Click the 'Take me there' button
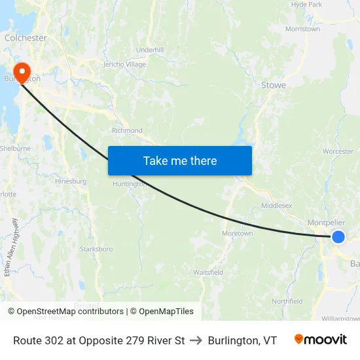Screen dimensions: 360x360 coord(180,160)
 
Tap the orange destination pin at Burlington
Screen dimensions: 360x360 coord(22,71)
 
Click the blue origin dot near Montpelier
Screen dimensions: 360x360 coord(338,237)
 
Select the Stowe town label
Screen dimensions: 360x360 coord(274,85)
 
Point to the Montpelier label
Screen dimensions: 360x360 coord(326,223)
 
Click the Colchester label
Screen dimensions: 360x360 coord(26,38)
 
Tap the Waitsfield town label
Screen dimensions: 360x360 coord(208,272)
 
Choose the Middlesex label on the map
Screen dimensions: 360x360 coord(276,206)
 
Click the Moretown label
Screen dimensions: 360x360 coord(237,234)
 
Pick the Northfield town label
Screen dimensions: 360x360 coord(287,302)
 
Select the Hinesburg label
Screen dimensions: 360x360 coord(71,181)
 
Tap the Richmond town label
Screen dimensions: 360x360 coord(127,130)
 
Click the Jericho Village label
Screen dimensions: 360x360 coord(124,65)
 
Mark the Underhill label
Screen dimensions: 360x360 coord(150,50)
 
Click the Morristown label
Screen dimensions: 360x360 coord(302,29)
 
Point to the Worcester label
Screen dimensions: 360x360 coord(338,152)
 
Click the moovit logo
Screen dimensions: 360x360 coord(321,340)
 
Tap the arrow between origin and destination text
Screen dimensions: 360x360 coord(196,340)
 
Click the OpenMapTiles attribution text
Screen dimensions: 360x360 coord(162,312)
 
